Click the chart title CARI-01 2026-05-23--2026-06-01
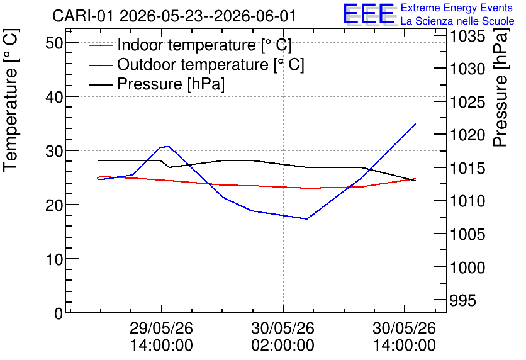click(x=174, y=16)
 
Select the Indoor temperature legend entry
click(x=190, y=45)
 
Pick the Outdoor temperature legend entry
click(x=196, y=64)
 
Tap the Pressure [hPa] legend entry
click(x=156, y=84)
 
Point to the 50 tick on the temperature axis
click(x=54, y=43)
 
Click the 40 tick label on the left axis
click(x=54, y=97)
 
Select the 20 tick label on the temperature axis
click(x=54, y=205)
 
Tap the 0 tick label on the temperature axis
click(x=59, y=313)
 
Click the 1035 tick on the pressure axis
click(x=467, y=36)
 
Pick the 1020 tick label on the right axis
click(x=467, y=135)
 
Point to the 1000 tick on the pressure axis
click(x=467, y=267)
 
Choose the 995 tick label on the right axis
click(x=462, y=300)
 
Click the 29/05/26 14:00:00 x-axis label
click(x=161, y=336)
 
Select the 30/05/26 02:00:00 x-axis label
click(x=283, y=336)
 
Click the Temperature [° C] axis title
click(x=11, y=101)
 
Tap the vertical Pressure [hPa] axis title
click(x=500, y=87)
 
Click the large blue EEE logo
click(x=368, y=14)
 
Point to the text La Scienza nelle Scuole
click(x=457, y=21)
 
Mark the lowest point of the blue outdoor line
click(x=306, y=219)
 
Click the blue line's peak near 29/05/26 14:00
click(x=168, y=146)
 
